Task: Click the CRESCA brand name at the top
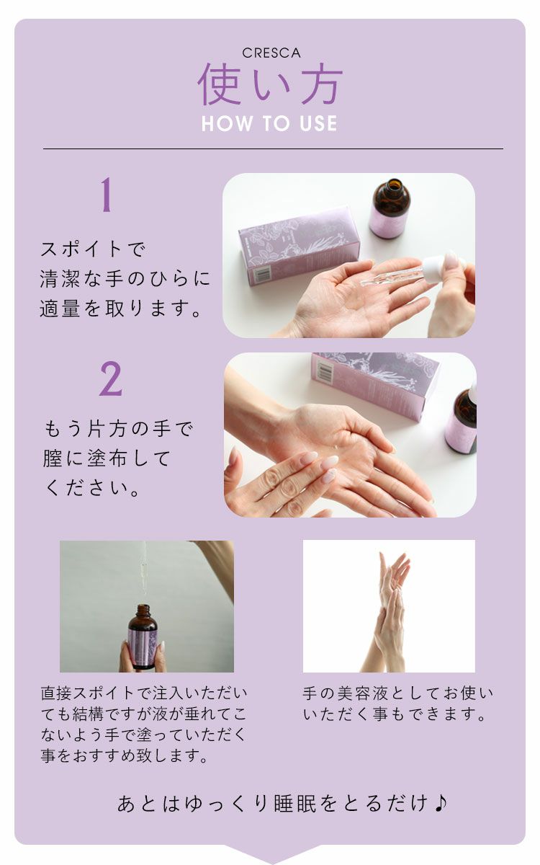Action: click(x=271, y=53)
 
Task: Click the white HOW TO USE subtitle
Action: click(x=269, y=123)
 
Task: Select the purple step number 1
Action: click(x=107, y=195)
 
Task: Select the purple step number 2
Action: click(x=110, y=380)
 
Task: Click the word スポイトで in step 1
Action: click(x=93, y=250)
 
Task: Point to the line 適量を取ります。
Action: click(x=120, y=309)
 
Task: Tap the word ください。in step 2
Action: click(x=93, y=488)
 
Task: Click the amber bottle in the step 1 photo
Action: click(x=390, y=208)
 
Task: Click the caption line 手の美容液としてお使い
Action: click(x=398, y=694)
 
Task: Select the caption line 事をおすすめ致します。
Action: click(x=125, y=757)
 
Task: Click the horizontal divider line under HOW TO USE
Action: click(x=273, y=149)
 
